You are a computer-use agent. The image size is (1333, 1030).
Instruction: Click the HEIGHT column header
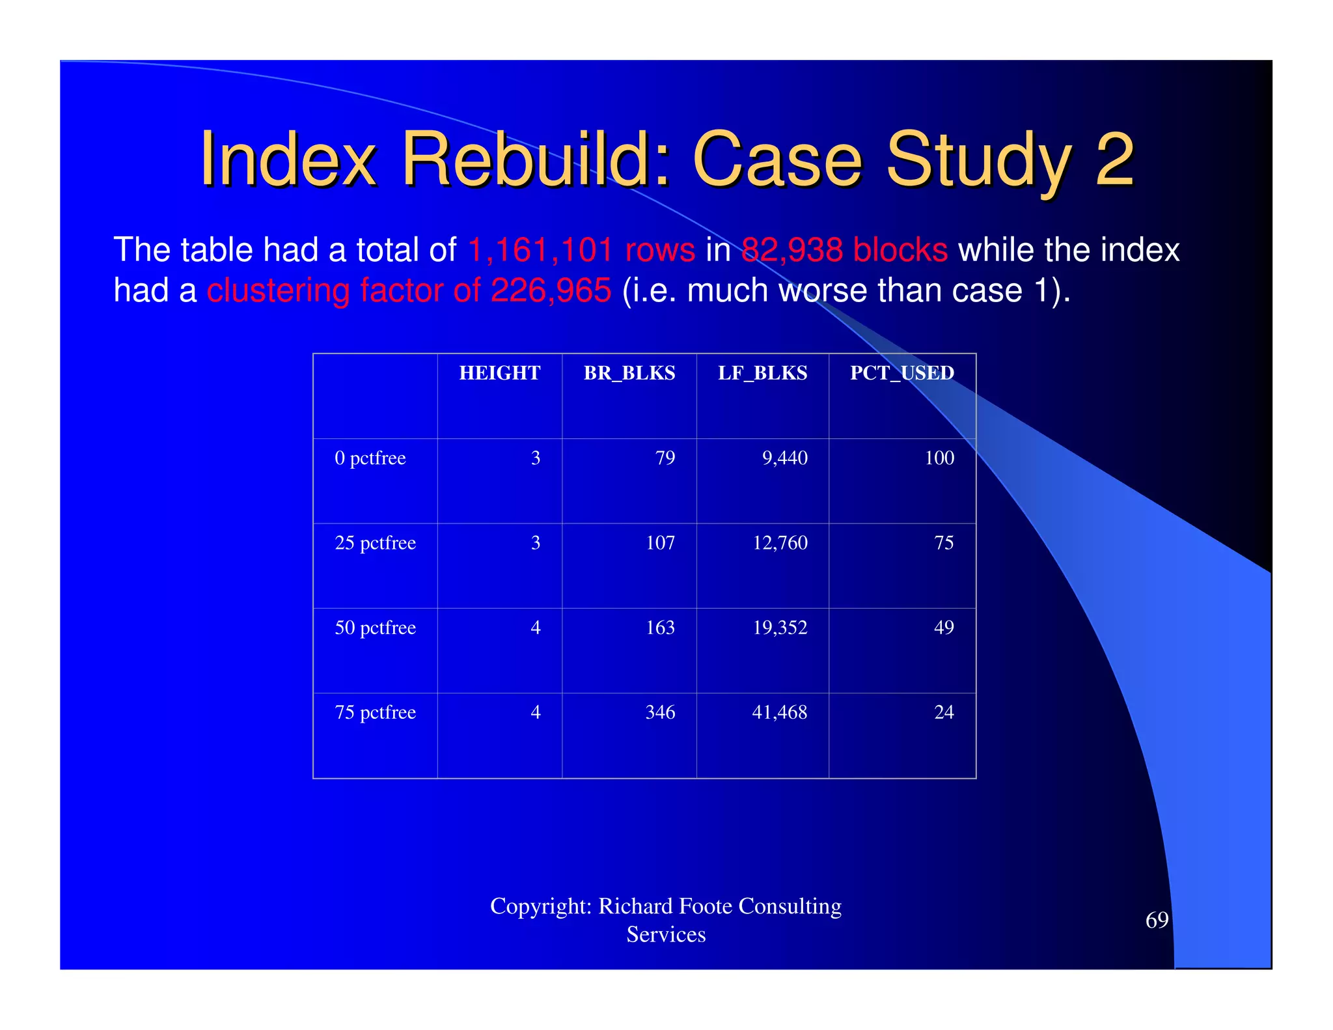coord(499,373)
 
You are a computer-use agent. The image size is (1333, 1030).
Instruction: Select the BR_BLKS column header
coord(629,373)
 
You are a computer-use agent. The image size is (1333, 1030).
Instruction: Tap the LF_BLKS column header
coord(762,373)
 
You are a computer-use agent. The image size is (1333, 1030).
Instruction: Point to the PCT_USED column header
coord(901,373)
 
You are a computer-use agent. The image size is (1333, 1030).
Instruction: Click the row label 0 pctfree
coord(370,458)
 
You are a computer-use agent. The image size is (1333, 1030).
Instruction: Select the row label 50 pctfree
coord(375,628)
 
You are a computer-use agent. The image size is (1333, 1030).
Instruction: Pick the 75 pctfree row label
coord(375,712)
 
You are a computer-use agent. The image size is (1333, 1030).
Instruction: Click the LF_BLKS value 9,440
coord(784,458)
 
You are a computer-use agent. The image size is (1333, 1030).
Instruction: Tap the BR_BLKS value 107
coord(660,543)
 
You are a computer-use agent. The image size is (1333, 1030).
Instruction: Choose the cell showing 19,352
coord(780,628)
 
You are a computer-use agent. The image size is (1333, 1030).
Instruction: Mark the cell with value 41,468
coord(779,712)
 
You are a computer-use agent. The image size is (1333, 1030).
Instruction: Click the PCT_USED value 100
coord(939,458)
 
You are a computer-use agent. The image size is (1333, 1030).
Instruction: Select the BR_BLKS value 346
coord(660,712)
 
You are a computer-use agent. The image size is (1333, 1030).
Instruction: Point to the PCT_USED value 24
coord(944,712)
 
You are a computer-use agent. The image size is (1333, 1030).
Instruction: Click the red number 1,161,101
coord(540,251)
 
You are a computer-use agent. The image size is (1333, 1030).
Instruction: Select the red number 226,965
coord(551,290)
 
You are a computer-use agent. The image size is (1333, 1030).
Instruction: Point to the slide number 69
coord(1157,920)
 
